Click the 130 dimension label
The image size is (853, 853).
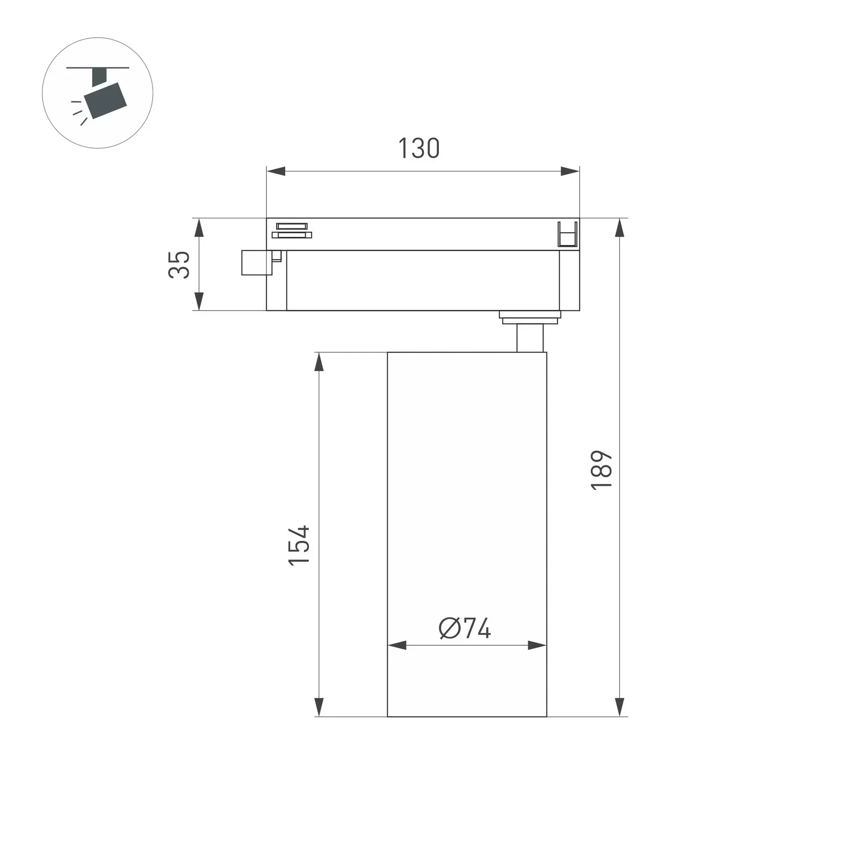(x=419, y=148)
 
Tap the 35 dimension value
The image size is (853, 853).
(x=179, y=265)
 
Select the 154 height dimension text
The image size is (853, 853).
(x=299, y=545)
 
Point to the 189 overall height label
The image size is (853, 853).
(x=602, y=470)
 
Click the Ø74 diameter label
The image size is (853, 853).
(x=465, y=628)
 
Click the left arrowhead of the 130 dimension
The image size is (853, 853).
(x=276, y=172)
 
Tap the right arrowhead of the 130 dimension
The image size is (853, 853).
(x=570, y=172)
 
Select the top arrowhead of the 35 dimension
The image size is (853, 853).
(x=199, y=228)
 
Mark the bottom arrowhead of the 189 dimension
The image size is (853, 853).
(x=619, y=706)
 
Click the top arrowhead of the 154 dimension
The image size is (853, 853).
(x=319, y=362)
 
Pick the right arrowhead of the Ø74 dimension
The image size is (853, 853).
(x=537, y=645)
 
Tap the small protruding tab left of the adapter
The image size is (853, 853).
(x=256, y=262)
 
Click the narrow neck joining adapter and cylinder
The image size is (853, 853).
(x=530, y=338)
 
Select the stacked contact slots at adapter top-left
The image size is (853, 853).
(x=292, y=231)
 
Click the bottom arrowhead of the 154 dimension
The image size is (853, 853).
(x=319, y=706)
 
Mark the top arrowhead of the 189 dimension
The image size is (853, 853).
(x=619, y=228)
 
